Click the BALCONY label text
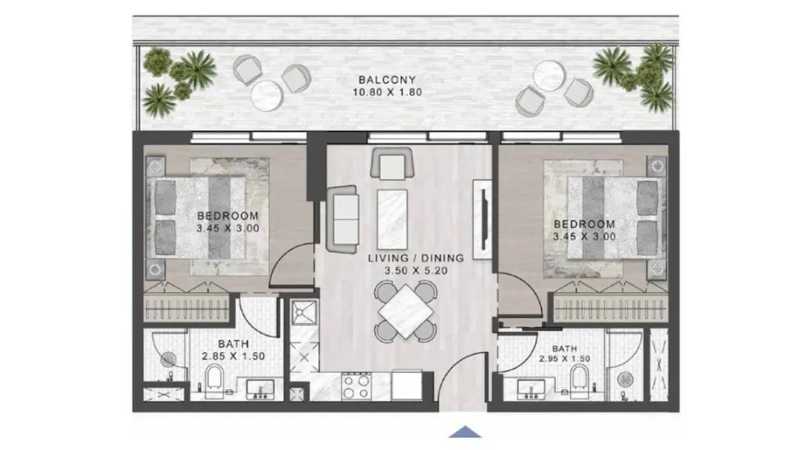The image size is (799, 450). click(387, 79)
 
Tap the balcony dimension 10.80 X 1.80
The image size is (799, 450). click(388, 92)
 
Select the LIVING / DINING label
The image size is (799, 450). click(416, 258)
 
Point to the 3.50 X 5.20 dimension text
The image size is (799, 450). click(416, 271)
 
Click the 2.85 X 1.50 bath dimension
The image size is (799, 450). click(233, 356)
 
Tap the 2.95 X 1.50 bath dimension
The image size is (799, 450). click(564, 359)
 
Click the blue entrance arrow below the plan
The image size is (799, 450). click(465, 432)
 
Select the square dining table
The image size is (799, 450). click(406, 311)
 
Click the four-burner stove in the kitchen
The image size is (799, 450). click(356, 387)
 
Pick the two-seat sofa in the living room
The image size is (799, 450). click(343, 219)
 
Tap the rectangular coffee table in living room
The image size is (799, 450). click(392, 219)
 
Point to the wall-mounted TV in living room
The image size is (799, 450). click(484, 219)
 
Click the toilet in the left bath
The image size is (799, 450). click(215, 378)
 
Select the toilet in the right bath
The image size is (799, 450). click(580, 378)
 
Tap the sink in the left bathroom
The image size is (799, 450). click(260, 389)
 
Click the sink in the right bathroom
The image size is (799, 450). click(531, 389)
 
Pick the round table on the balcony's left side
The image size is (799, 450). click(267, 96)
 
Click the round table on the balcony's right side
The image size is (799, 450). click(549, 76)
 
